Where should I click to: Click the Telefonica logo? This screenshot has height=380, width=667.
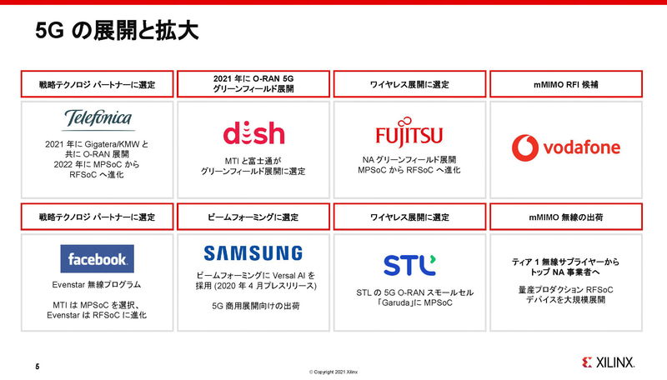[x=98, y=118]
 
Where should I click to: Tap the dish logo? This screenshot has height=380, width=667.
[x=253, y=134]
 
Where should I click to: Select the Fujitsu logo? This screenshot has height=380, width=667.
[x=409, y=135]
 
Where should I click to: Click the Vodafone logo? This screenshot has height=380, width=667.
[x=565, y=147]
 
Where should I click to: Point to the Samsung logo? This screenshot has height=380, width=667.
[x=253, y=252]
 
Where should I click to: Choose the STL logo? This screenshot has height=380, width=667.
[x=409, y=265]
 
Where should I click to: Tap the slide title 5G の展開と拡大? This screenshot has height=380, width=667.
[x=116, y=32]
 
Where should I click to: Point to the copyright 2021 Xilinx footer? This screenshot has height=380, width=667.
[x=333, y=372]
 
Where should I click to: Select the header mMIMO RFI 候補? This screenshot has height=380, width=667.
[x=565, y=84]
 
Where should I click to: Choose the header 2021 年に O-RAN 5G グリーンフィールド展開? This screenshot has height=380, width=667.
[x=253, y=83]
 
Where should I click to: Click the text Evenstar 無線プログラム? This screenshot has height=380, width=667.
[x=98, y=285]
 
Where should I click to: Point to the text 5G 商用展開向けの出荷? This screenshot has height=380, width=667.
[x=253, y=306]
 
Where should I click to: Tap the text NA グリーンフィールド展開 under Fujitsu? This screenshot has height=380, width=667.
[x=409, y=158]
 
